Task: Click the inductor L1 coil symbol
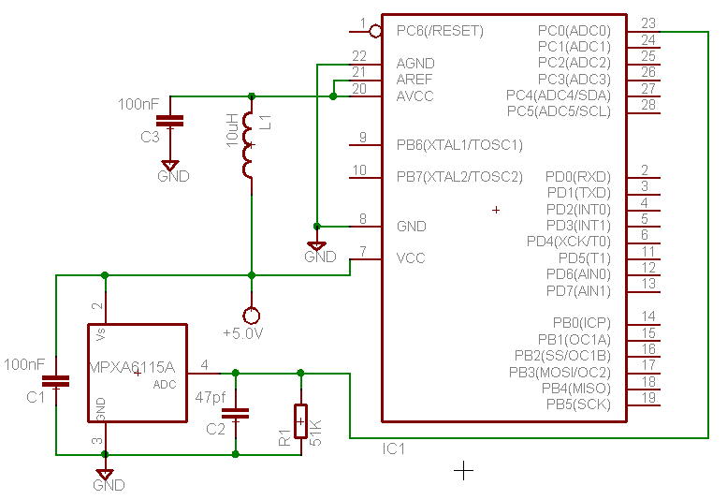pos(249,145)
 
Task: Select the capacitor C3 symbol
pos(169,120)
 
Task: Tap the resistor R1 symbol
pos(300,421)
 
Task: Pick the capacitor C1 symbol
pos(58,381)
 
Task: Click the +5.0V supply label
pos(243,333)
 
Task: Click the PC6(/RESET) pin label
pos(440,31)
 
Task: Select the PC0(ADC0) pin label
pos(574,30)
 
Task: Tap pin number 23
pos(647,23)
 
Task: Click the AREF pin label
pos(415,79)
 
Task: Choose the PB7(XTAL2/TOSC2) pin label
pos(459,176)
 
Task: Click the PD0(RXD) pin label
pos(577,176)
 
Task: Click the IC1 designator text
pos(394,449)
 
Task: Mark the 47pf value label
pos(210,397)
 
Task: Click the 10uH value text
pos(232,129)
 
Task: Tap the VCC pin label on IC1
pos(411,257)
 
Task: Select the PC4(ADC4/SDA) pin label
pos(558,96)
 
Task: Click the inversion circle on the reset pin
pos(376,31)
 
